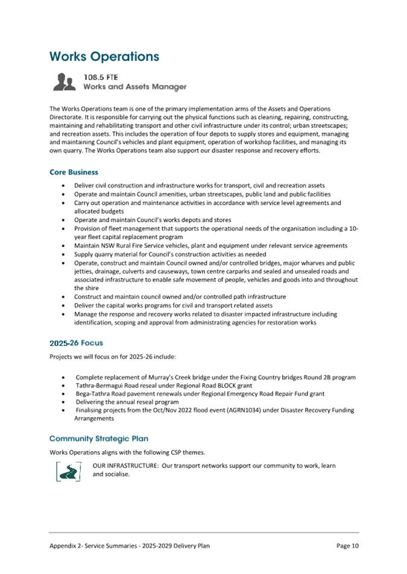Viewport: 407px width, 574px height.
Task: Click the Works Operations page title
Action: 104,57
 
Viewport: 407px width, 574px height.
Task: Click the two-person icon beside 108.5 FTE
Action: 65,83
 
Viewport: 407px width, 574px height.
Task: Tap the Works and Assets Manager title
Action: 134,87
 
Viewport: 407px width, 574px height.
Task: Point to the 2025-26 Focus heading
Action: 76,343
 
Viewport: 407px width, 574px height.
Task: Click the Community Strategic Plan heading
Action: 98,438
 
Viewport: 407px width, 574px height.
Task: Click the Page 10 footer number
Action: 347,546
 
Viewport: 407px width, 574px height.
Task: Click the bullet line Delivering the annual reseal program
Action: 127,402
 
